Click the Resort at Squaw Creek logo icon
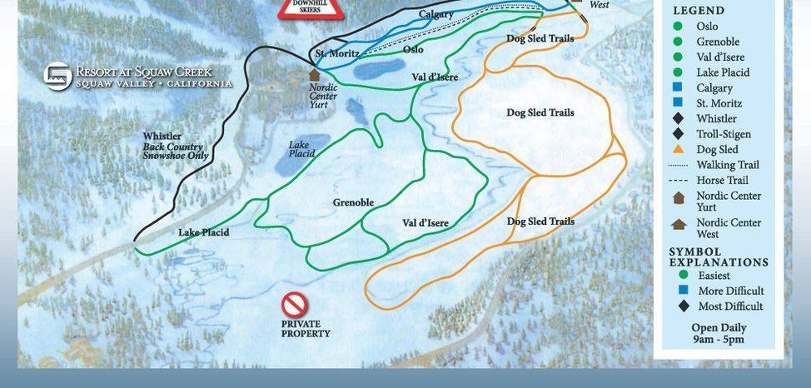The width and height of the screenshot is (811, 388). click(57, 77)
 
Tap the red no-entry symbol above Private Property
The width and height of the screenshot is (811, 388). click(294, 305)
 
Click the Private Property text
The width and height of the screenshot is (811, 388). click(305, 329)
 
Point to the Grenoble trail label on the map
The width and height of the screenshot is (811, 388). click(353, 202)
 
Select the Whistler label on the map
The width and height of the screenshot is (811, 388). click(162, 137)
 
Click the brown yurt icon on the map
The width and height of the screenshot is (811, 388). click(314, 75)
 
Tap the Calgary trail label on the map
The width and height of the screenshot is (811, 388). click(435, 14)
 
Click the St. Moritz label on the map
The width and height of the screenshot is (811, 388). click(337, 54)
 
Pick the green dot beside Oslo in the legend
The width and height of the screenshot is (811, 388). click(679, 27)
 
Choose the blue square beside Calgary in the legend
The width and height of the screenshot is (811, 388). click(679, 88)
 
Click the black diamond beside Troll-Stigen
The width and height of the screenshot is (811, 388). click(679, 134)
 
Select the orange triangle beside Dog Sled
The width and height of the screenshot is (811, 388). click(679, 150)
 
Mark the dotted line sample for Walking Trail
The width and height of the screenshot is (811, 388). click(679, 165)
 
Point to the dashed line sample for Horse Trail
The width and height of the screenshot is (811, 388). click(679, 180)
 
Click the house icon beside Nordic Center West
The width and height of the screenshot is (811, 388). click(679, 224)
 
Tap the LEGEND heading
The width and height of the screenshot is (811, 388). click(699, 11)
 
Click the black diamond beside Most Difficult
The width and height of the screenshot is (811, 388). click(684, 306)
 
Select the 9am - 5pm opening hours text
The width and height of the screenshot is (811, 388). click(718, 340)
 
